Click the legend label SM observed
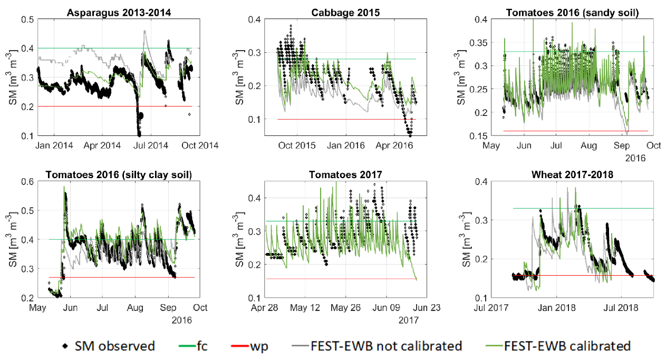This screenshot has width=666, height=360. pyautogui.click(x=121, y=346)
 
